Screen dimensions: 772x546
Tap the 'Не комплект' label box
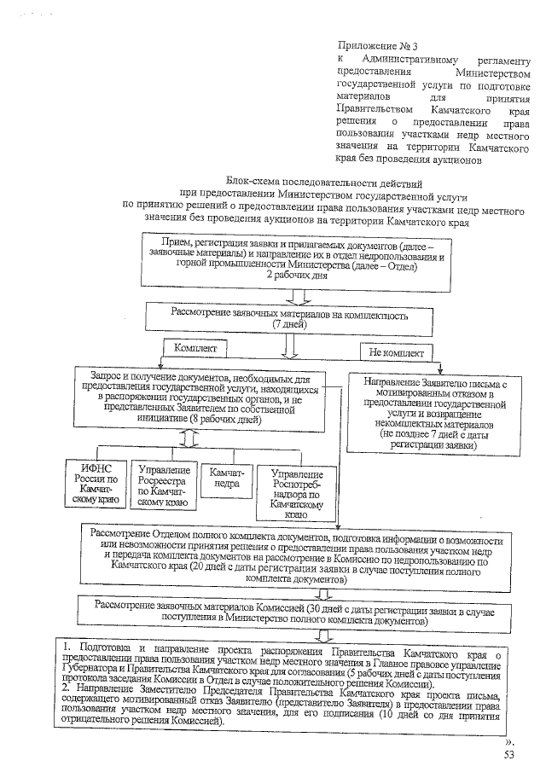tap(396, 351)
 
